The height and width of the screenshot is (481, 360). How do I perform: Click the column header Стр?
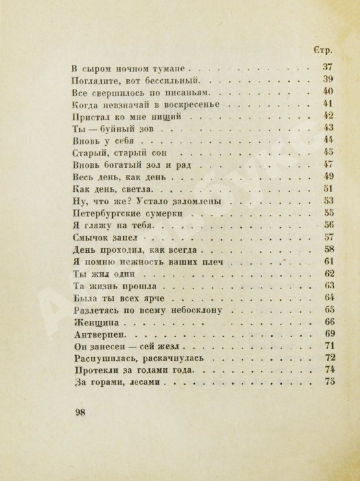point(324,50)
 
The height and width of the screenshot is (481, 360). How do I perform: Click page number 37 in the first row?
point(327,67)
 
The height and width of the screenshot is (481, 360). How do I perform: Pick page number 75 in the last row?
point(327,384)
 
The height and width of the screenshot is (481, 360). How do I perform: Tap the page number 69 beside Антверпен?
point(327,335)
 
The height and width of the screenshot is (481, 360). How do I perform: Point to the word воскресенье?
point(201,104)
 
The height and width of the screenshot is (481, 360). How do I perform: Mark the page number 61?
point(327,262)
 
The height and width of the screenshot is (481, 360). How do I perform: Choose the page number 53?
point(327,201)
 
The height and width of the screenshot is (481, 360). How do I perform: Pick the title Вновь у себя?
point(102,140)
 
